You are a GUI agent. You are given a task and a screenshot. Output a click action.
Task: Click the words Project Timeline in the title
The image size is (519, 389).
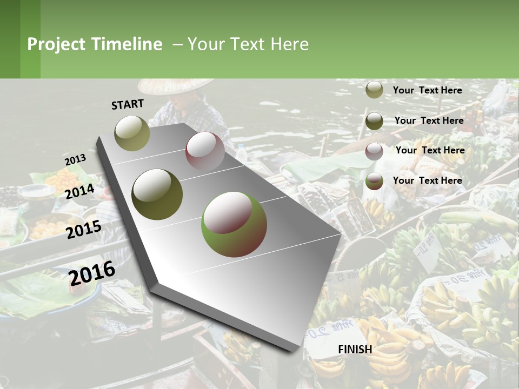(x=95, y=44)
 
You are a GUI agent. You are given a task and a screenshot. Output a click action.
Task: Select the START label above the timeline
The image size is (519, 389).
(x=128, y=104)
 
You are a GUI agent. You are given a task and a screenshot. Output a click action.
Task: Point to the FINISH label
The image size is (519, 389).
(x=355, y=350)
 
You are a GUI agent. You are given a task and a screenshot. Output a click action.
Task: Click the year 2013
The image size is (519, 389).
(x=75, y=160)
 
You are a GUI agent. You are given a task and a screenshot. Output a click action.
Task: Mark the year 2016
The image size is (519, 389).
(x=92, y=273)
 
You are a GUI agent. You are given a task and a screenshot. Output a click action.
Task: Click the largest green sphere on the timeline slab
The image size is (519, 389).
(x=234, y=224)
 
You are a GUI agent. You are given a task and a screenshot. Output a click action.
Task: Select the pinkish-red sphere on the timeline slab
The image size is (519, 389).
(x=205, y=151)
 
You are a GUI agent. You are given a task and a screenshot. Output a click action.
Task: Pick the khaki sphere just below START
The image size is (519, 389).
(x=132, y=133)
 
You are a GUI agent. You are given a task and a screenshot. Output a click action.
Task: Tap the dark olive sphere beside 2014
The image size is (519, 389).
(x=157, y=194)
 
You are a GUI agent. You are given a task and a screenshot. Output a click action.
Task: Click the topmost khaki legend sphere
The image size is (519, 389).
(x=374, y=90)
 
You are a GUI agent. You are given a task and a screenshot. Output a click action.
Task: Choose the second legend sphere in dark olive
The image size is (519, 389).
(x=374, y=121)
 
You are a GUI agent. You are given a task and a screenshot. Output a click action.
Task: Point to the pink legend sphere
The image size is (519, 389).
(x=374, y=151)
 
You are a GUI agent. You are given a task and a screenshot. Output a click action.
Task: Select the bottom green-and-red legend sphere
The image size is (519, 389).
(x=374, y=182)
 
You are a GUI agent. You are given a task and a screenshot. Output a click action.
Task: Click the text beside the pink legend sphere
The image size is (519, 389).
(x=430, y=150)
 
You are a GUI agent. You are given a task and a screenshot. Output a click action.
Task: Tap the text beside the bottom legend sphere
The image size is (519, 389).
(x=427, y=180)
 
